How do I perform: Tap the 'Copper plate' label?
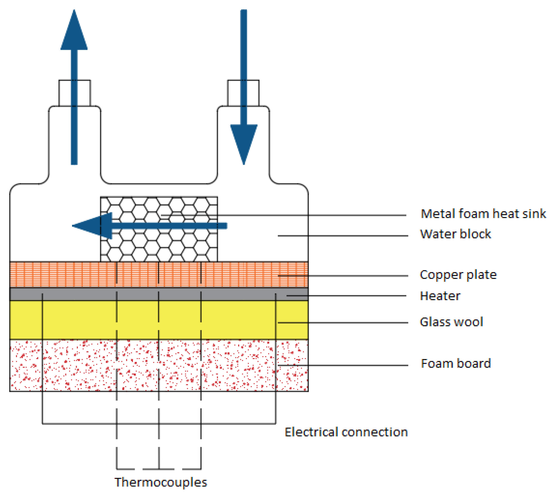coord(458,275)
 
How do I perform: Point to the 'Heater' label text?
coord(440,296)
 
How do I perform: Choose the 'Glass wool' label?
coord(451,322)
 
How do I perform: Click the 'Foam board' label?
coord(455,364)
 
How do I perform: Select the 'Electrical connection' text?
coord(346,432)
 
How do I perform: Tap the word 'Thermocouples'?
coord(160,482)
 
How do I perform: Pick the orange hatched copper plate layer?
coord(68,274)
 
